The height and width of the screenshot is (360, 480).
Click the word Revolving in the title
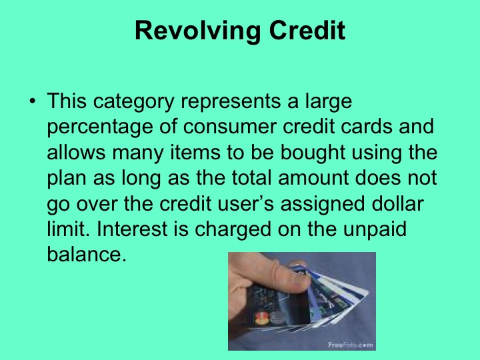(x=187, y=31)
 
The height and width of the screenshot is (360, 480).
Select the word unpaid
(x=377, y=229)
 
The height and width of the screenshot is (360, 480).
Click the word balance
(x=86, y=254)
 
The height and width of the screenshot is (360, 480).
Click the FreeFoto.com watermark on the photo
(x=349, y=344)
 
